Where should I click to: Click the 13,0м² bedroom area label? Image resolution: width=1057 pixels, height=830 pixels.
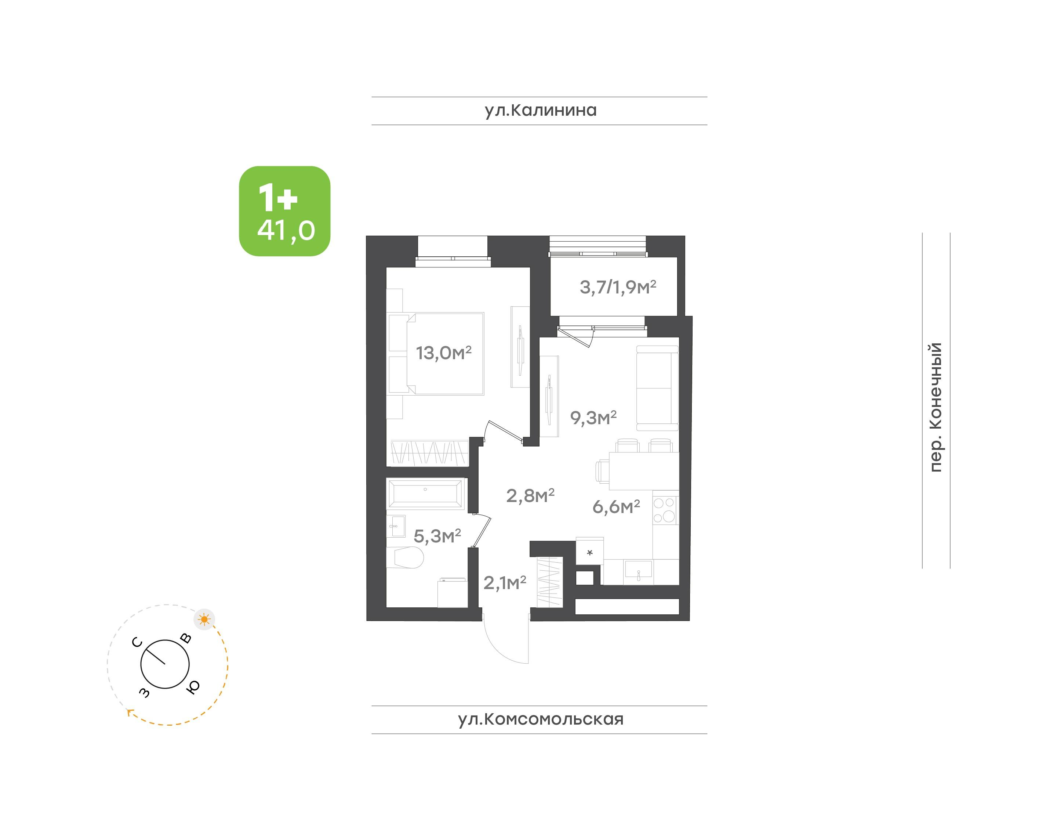443,353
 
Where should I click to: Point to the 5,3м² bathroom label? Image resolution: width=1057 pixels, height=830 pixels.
437,536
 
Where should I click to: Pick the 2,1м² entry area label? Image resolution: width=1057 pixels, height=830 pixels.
505,582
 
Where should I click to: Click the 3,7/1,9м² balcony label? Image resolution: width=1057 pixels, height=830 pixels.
618,287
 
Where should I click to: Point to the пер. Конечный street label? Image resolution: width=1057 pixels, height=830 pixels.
935,407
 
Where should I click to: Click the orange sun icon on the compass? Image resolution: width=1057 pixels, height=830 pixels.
204,620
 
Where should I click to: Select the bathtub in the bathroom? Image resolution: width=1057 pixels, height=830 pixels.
425,494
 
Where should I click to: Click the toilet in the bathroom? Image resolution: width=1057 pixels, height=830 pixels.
406,557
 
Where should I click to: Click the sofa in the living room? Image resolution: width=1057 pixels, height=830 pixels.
657,388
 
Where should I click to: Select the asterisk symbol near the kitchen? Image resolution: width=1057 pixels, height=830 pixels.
590,552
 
